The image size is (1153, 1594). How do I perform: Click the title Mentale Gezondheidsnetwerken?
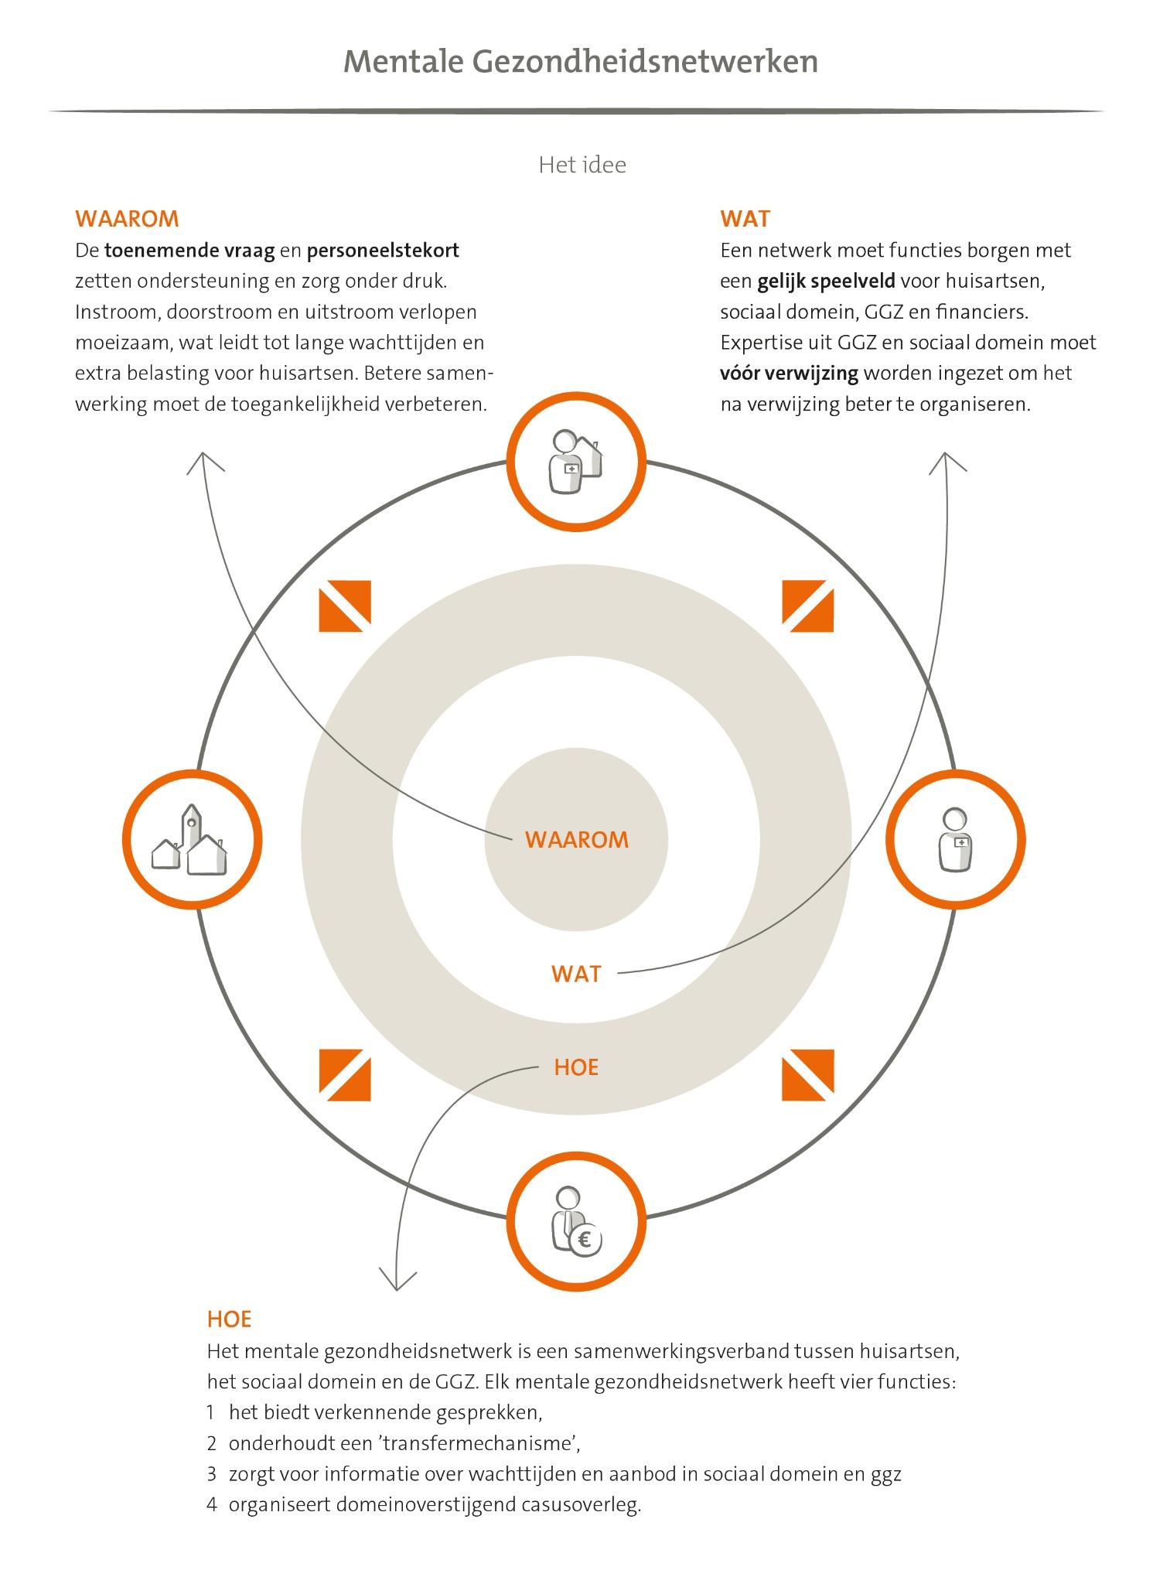581,62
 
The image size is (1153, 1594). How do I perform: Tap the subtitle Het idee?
582,165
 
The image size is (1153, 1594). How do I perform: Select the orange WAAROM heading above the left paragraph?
127,219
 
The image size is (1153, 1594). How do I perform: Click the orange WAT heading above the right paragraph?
745,219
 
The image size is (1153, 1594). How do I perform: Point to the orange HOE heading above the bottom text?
230,1319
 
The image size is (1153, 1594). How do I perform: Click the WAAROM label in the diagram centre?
577,840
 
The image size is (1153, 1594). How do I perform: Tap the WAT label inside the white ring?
577,974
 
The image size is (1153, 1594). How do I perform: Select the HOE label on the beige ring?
577,1067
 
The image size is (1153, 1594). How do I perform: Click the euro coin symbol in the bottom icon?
585,1241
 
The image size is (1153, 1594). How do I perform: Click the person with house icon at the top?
576,462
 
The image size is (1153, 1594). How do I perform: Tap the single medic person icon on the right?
955,840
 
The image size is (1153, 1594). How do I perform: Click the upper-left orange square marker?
345,606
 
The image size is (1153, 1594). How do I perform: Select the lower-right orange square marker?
808,1075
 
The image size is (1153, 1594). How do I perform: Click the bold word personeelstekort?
383,251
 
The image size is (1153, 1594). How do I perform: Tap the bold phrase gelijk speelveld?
827,282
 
